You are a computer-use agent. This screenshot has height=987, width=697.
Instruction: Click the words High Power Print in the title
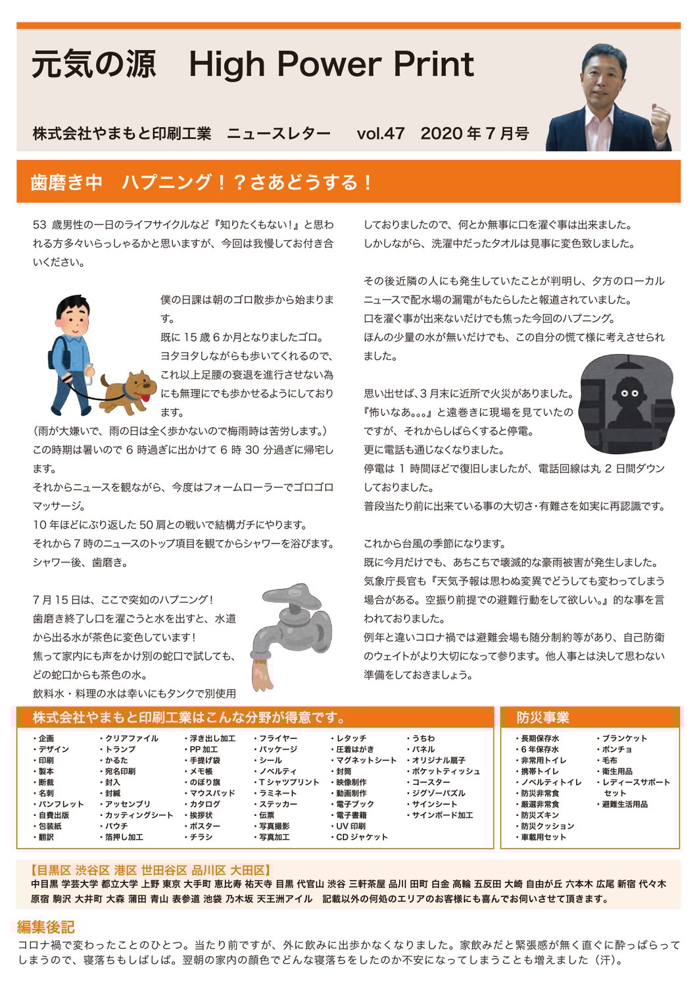click(331, 64)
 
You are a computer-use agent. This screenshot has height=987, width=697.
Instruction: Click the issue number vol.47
click(380, 134)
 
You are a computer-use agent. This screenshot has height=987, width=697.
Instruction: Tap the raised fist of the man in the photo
click(660, 118)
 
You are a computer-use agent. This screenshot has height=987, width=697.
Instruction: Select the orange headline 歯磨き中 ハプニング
click(201, 182)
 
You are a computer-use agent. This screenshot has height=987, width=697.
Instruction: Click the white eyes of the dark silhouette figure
click(629, 393)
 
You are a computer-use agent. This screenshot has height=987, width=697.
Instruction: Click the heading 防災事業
click(542, 717)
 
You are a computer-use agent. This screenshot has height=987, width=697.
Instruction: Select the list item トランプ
click(120, 749)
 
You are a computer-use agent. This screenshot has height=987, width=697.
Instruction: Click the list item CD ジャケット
click(361, 837)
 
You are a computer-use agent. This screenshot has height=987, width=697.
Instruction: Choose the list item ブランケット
click(624, 738)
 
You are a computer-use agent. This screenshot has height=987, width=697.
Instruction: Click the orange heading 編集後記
click(45, 927)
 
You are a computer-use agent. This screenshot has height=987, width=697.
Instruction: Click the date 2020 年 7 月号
click(475, 134)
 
